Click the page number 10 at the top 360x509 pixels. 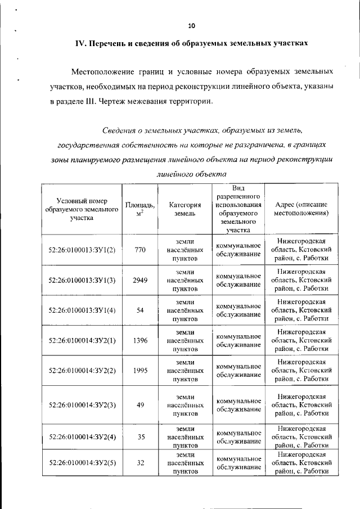[191, 26]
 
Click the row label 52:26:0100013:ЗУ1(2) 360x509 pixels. [82, 250]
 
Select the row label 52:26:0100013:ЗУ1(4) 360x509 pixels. [82, 310]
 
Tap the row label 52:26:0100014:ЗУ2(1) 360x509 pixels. [82, 340]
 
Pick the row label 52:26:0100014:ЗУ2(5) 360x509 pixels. [82, 462]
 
